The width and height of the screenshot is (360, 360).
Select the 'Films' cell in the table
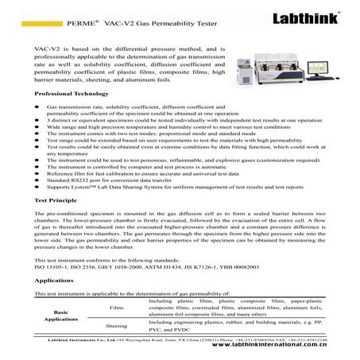pos(116,306)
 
